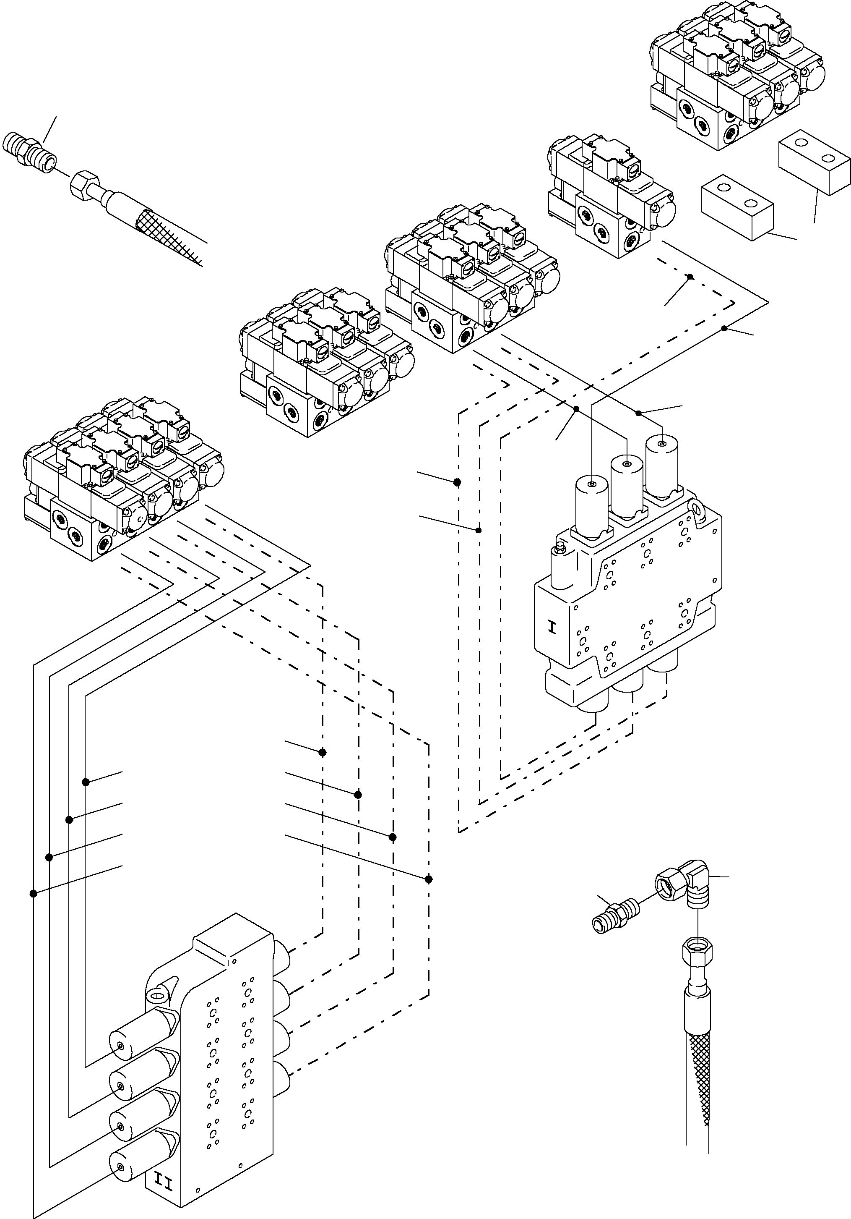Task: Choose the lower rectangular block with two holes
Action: coord(737,204)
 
